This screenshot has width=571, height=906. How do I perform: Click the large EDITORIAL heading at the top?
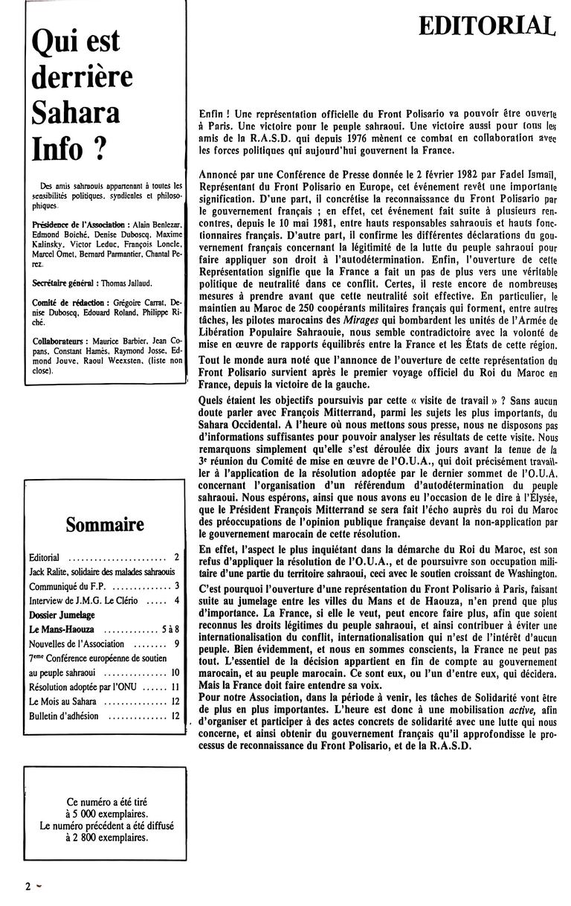[x=487, y=26]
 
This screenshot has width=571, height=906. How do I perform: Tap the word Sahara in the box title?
[x=76, y=112]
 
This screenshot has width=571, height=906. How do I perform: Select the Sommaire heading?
[x=105, y=524]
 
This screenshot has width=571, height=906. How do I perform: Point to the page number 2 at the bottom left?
[x=28, y=886]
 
